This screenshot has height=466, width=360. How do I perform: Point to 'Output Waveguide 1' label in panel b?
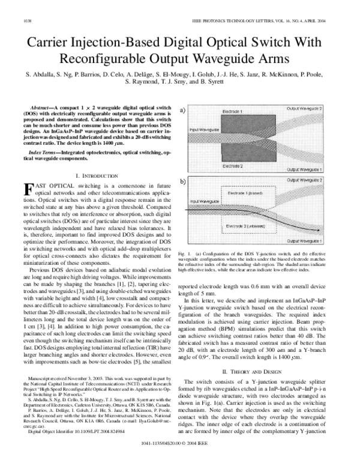306,240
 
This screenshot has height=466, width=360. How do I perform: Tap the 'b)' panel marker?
182,181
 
